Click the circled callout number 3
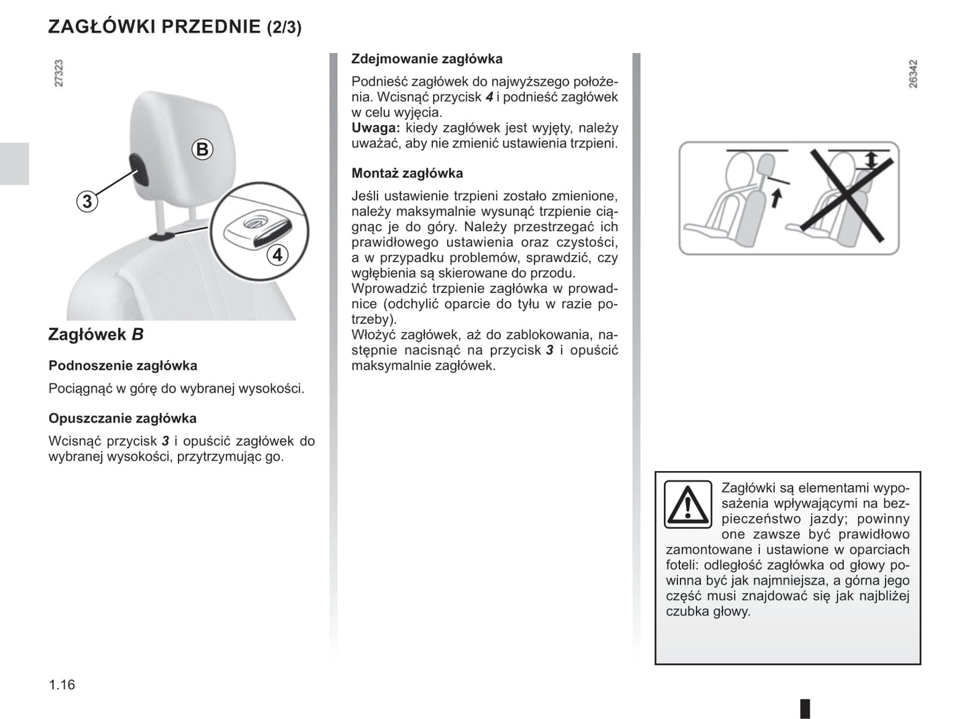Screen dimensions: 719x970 tap(87, 201)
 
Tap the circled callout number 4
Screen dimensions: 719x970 tap(277, 255)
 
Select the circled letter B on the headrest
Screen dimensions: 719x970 tap(202, 149)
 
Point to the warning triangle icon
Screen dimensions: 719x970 tap(687, 504)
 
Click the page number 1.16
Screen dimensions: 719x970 tap(62, 685)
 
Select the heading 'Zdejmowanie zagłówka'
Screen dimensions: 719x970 tap(427, 59)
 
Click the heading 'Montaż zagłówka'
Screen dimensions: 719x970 tap(407, 173)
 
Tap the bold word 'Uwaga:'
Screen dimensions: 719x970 tap(375, 128)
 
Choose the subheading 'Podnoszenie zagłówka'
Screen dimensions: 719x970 tap(123, 366)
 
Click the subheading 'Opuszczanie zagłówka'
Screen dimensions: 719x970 tap(122, 418)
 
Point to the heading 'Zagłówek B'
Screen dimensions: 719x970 tap(96, 335)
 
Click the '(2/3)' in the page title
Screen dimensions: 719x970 tap(284, 28)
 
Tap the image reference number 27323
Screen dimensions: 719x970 tap(59, 73)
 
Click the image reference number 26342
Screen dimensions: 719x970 tap(912, 74)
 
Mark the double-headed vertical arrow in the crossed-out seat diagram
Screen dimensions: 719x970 tap(871, 160)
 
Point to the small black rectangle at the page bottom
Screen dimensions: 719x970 tap(805, 708)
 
